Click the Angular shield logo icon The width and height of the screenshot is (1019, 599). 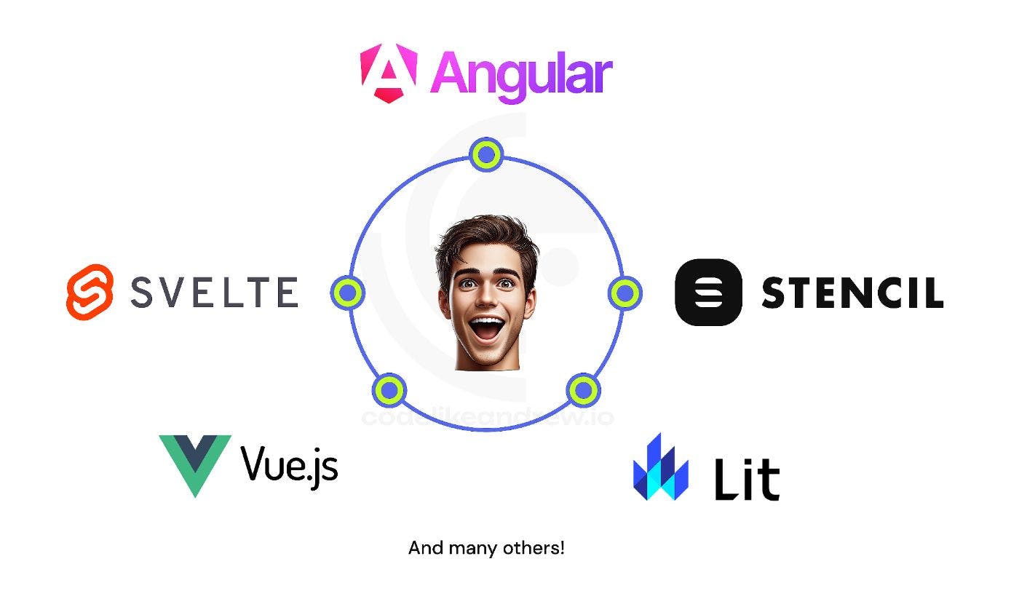click(x=389, y=73)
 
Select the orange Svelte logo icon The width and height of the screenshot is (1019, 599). click(x=90, y=291)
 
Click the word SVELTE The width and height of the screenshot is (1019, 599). click(x=214, y=292)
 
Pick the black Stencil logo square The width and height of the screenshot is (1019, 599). click(x=708, y=292)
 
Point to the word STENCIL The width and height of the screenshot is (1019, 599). click(x=852, y=293)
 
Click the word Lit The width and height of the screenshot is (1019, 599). click(x=747, y=478)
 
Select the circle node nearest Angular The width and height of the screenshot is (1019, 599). click(x=485, y=154)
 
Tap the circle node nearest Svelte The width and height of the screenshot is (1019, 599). click(x=348, y=292)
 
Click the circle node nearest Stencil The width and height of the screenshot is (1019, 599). click(x=624, y=293)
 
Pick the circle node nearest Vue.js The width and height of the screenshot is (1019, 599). click(x=389, y=390)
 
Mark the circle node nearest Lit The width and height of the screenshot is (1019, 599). click(x=582, y=390)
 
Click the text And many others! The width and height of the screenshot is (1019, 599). click(x=486, y=548)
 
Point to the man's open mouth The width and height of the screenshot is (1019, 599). click(x=487, y=325)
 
